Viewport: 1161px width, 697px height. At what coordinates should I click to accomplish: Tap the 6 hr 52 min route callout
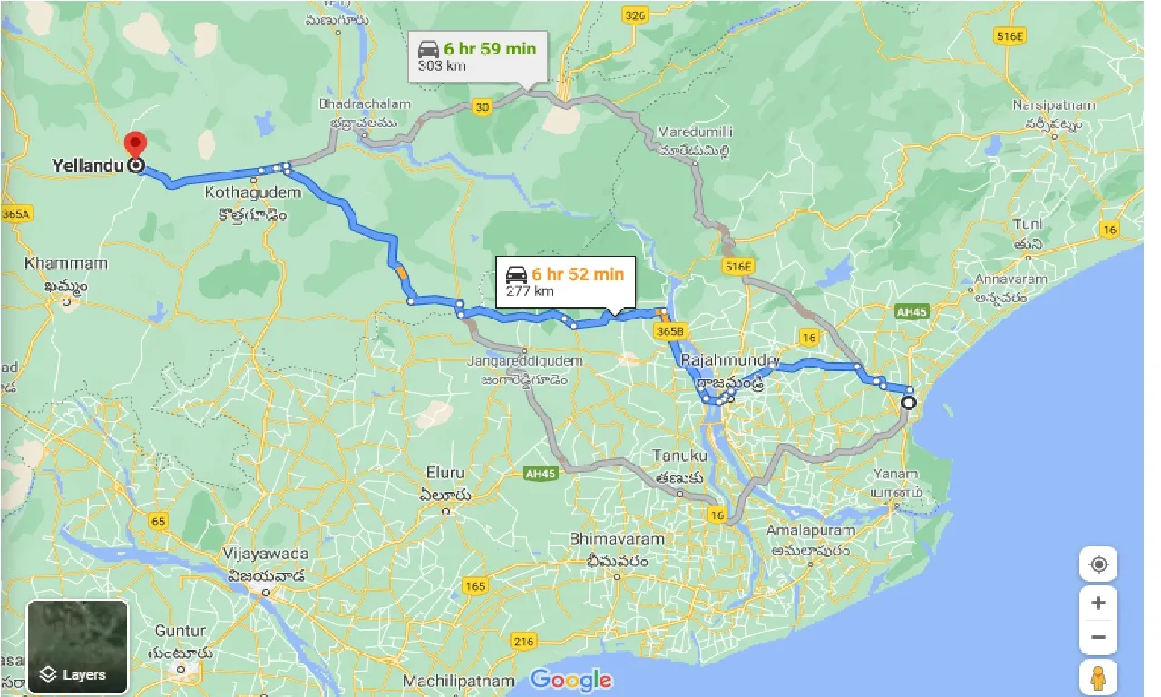pos(565,281)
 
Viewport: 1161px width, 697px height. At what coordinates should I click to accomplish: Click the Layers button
pos(78,646)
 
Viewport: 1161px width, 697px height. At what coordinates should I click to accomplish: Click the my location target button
pos(1098,564)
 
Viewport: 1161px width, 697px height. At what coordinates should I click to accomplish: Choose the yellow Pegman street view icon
pos(1098,677)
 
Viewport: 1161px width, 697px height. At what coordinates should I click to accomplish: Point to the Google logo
pos(571,680)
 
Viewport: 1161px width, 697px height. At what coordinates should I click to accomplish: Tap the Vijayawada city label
pos(268,554)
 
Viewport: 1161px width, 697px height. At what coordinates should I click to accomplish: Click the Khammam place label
pos(66,264)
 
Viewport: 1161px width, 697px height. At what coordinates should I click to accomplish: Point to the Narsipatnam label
pos(1054,105)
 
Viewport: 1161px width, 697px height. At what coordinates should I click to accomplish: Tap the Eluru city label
pos(445,473)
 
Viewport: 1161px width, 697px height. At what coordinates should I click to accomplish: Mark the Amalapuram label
pos(810,530)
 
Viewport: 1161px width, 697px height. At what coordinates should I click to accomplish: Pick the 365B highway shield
pos(668,332)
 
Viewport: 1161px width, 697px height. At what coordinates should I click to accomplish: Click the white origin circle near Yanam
pos(908,403)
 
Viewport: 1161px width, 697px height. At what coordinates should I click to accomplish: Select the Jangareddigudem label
pos(525,361)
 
